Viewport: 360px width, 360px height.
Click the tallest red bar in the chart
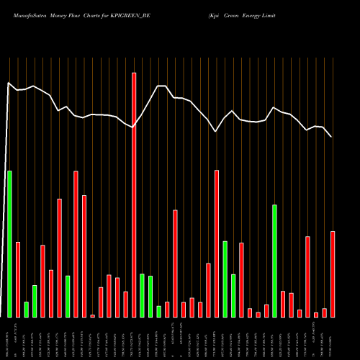[134, 194]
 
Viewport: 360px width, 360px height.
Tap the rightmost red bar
[333, 274]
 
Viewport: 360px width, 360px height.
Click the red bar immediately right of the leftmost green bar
[18, 279]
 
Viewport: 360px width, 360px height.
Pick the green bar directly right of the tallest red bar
[142, 295]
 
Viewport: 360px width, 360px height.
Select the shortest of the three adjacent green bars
[158, 311]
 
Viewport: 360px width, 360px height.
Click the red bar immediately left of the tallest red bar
[125, 304]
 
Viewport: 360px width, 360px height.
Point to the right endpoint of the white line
[331, 136]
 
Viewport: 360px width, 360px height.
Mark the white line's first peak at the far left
[9, 84]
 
